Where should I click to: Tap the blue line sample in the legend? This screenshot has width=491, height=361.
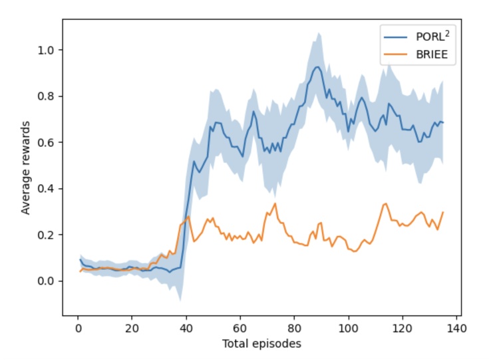[x=395, y=37]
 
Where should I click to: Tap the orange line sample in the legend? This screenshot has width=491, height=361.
[x=395, y=55]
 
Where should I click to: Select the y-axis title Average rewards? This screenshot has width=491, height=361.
[x=26, y=168]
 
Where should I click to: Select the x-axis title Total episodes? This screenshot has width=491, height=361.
[x=262, y=344]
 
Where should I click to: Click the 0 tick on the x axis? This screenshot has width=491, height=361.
[x=78, y=328]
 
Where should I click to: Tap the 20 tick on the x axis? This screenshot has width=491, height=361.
[x=132, y=328]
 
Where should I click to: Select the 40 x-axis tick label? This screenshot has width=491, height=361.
[x=186, y=328]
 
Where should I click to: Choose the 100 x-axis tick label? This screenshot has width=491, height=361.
[x=349, y=328]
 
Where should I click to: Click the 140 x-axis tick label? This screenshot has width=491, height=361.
[x=456, y=328]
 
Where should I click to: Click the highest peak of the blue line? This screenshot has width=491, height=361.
[x=318, y=66]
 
